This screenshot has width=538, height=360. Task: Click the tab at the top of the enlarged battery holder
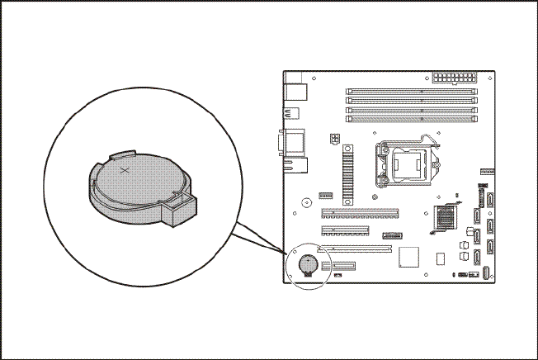122,154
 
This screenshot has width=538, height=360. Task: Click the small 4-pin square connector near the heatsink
335,139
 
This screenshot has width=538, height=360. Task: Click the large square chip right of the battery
409,257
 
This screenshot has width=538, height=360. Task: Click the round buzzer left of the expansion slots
306,201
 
